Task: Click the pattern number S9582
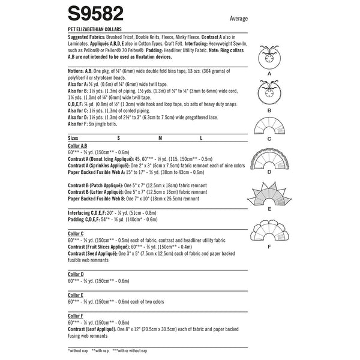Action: coord(102,16)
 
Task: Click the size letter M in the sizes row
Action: coord(160,137)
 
